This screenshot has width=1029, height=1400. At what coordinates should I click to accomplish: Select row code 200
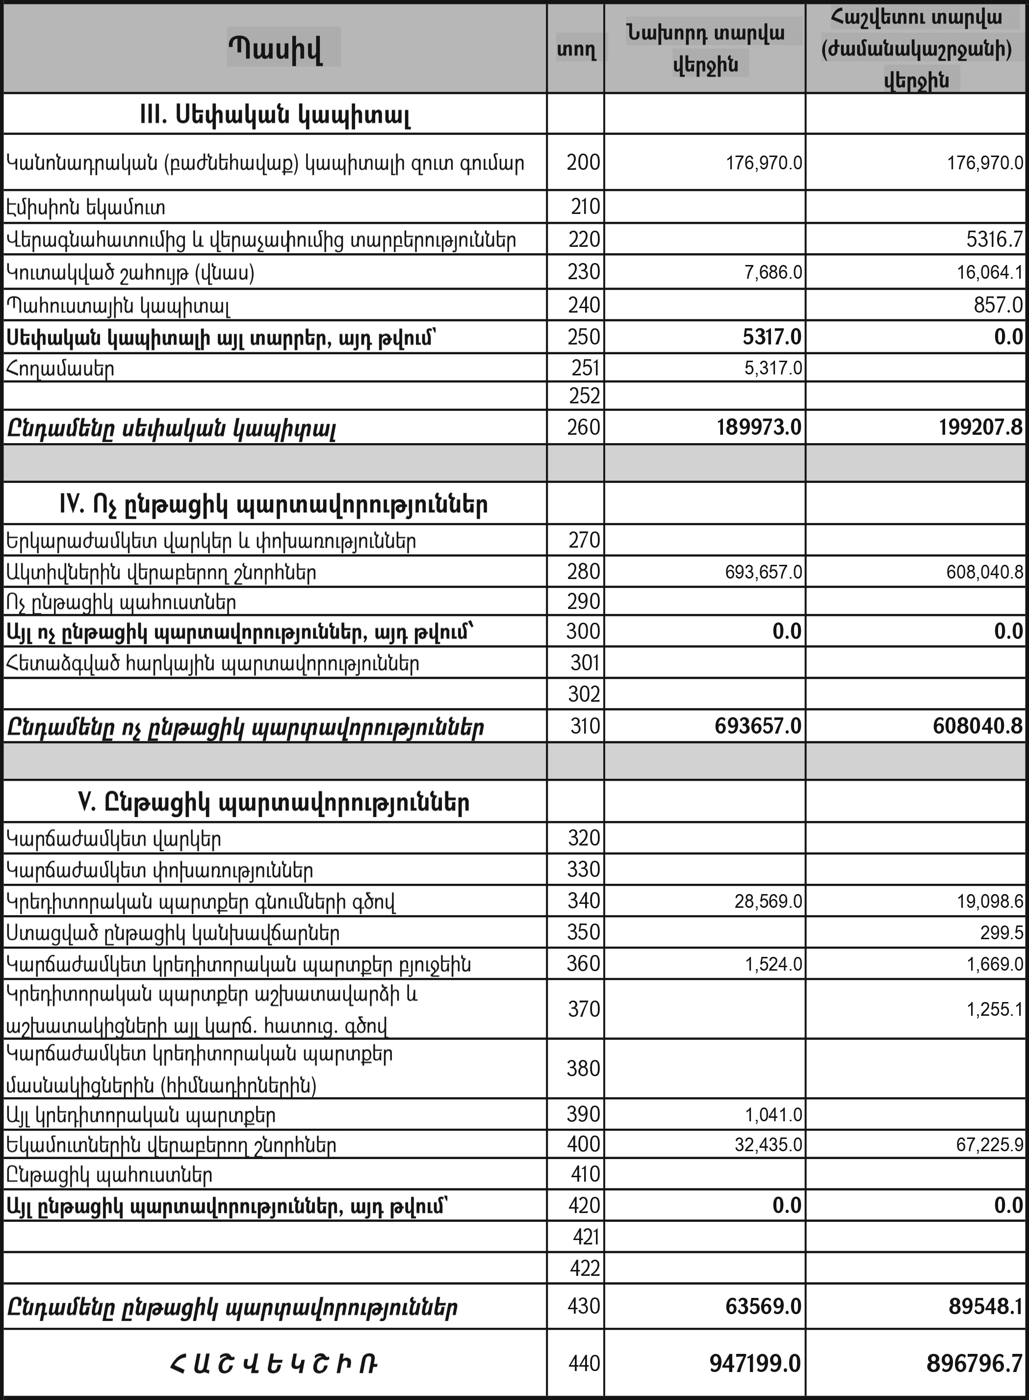coord(583,162)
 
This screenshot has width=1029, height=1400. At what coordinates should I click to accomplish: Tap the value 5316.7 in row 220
coord(994,240)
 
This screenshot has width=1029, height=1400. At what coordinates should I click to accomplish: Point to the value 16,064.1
coord(990,272)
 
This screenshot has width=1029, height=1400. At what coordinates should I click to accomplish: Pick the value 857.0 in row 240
coord(998,305)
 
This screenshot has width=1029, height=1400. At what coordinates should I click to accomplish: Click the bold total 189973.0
coord(759,427)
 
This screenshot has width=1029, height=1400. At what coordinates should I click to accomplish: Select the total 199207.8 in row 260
coord(978,427)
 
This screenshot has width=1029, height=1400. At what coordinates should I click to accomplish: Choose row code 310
coord(584,726)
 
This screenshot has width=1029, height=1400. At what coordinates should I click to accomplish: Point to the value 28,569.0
coord(768,901)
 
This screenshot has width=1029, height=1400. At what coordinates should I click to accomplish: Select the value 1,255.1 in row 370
coord(995,1009)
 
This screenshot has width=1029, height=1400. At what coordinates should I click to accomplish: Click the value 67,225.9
coord(990,1144)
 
